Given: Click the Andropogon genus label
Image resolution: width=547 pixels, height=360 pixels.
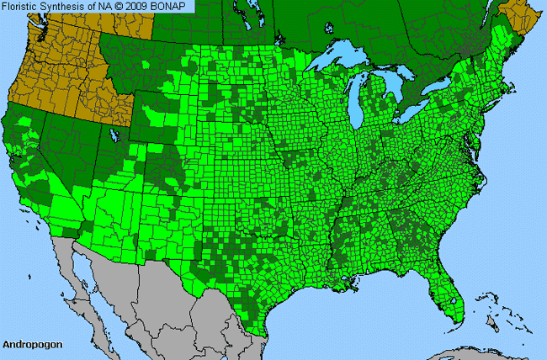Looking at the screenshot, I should (29, 344).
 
